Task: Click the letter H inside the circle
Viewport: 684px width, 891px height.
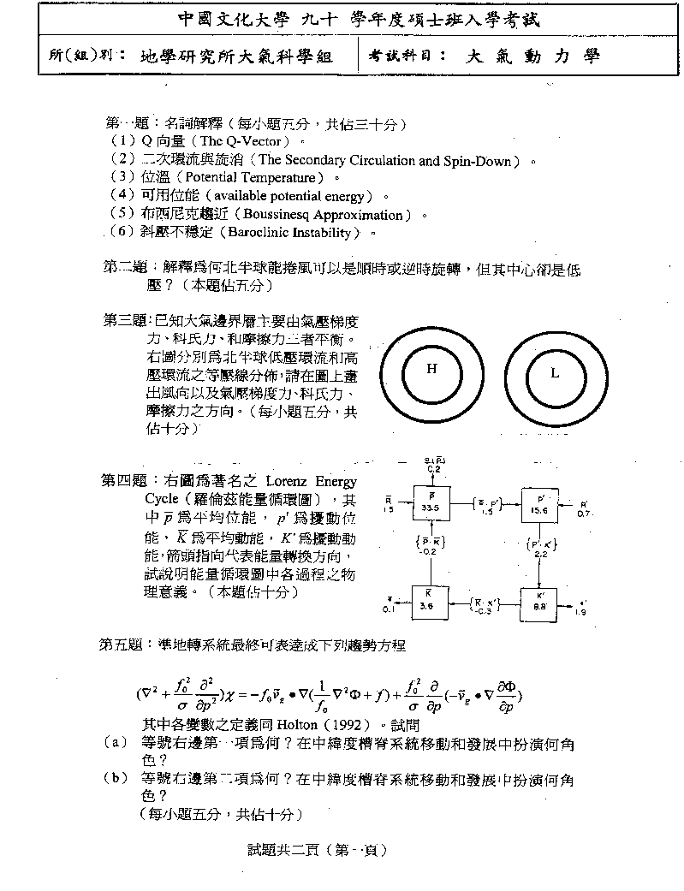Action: (431, 369)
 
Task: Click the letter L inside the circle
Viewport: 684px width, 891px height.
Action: (554, 373)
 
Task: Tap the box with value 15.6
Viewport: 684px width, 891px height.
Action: (539, 503)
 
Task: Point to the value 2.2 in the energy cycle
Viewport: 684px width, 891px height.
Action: (540, 555)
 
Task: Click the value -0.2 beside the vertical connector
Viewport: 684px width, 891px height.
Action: (431, 552)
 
